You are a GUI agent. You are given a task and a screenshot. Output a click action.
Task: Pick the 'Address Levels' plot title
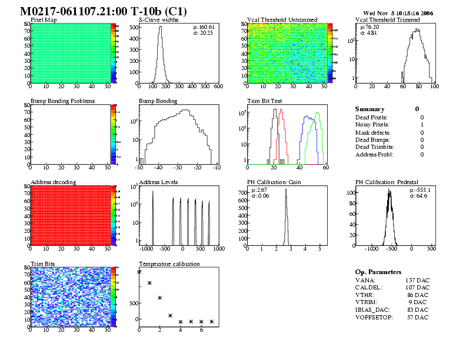pos(158,182)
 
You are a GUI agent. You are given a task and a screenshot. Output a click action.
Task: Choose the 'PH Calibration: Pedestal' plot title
pos(390,182)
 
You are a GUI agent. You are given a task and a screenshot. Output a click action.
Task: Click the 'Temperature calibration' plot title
pos(169,264)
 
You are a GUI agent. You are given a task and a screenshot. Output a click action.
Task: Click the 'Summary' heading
pos(370,109)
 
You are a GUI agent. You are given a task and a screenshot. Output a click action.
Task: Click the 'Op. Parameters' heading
pos(378,272)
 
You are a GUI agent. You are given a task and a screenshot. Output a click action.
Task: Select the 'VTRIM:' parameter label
pos(366,302)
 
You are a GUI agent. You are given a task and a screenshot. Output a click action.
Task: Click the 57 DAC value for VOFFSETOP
pos(417,318)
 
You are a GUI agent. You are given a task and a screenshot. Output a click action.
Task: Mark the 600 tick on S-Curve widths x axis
pos(218,87)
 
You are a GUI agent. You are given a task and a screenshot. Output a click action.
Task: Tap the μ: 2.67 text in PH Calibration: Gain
pos(259,190)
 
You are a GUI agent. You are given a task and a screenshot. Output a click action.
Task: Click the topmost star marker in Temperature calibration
pos(139,272)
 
